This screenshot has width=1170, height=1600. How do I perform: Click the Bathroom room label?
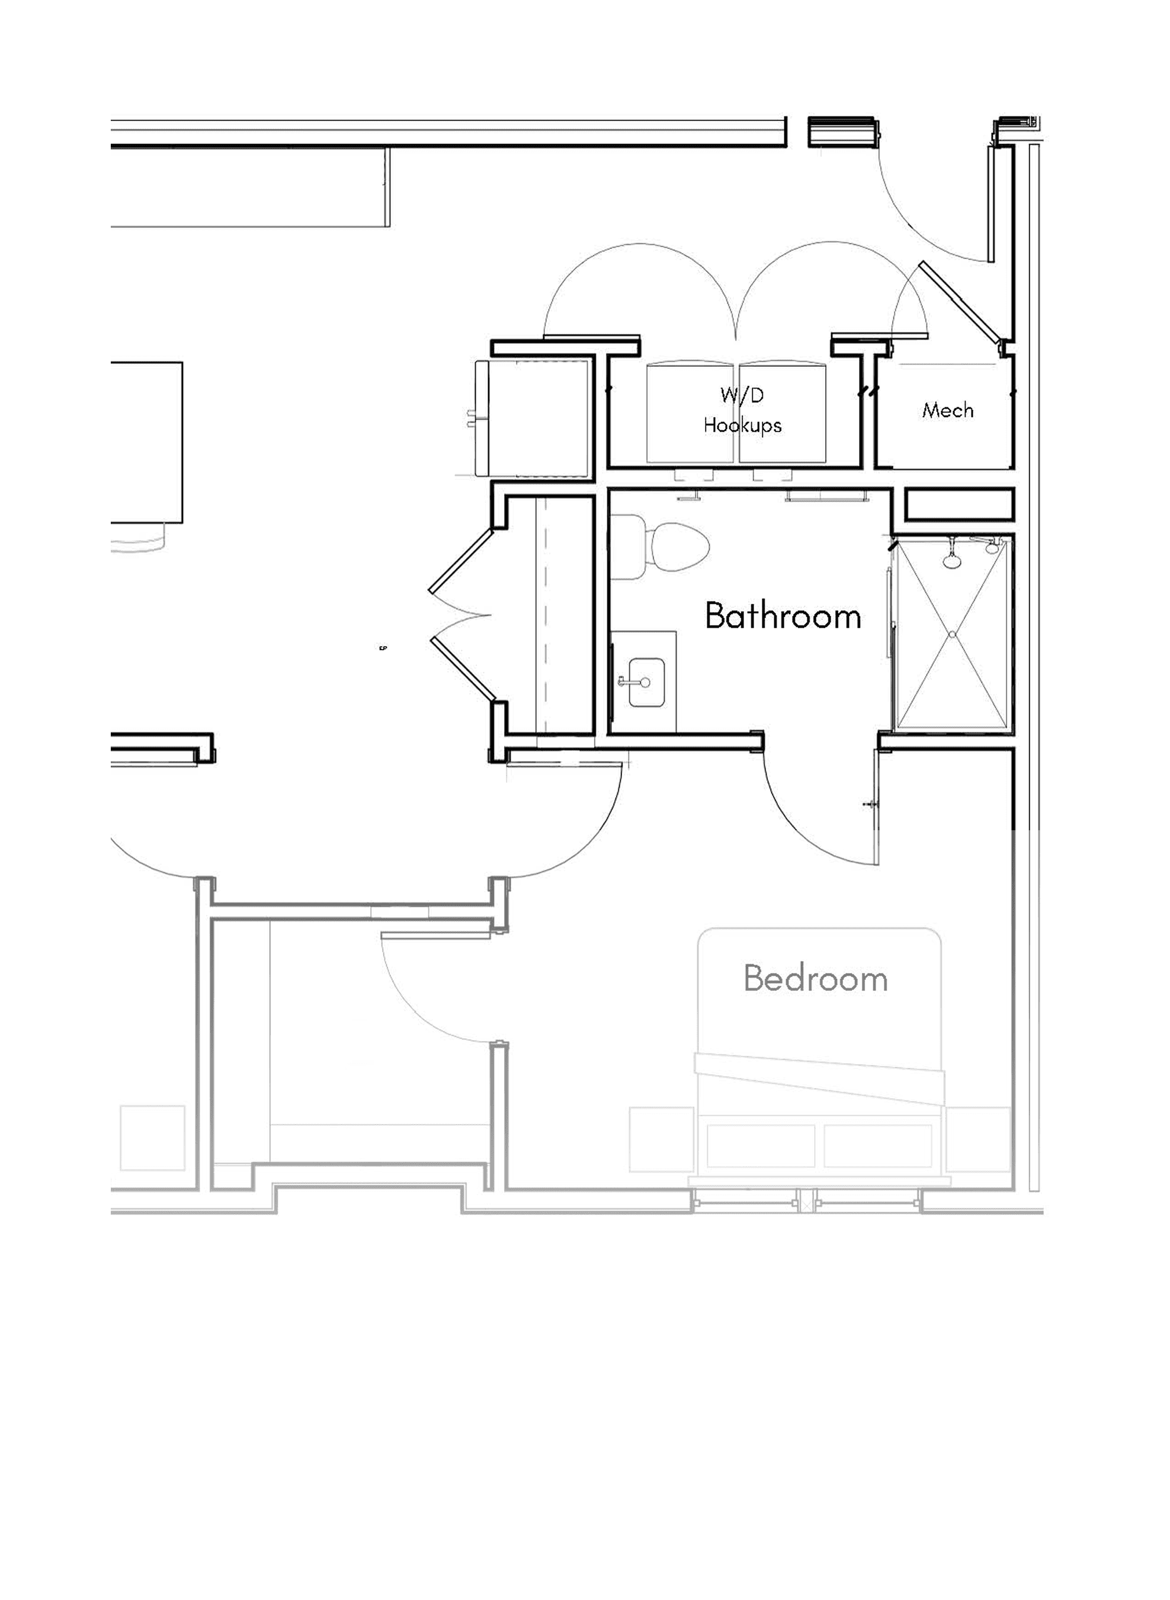(783, 616)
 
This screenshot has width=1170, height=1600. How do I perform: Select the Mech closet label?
(948, 409)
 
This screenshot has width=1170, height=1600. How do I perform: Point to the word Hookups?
(742, 425)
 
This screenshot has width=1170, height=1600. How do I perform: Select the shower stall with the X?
(952, 633)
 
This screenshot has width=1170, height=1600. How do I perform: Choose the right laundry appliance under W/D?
(783, 413)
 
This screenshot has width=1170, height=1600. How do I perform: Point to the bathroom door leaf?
(877, 808)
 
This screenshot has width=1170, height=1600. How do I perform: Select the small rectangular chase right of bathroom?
(960, 504)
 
